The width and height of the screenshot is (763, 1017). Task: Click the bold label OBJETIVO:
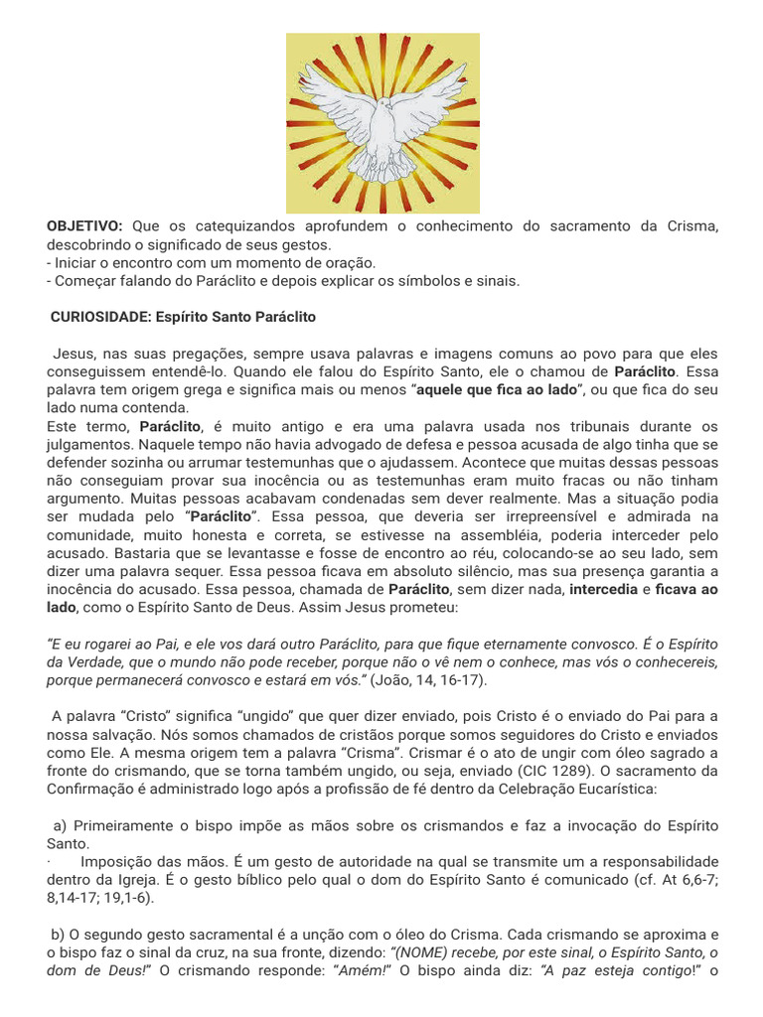point(84,226)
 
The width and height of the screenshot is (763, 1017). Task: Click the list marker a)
point(60,825)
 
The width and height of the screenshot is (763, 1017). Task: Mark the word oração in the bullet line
point(348,263)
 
